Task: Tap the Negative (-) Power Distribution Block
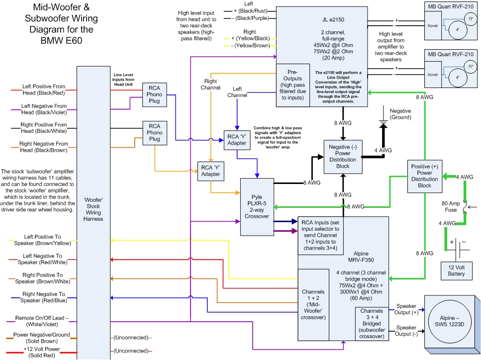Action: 343,157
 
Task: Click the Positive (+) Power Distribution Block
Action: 424,176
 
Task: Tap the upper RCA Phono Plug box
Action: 155,94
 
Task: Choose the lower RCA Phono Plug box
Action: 155,133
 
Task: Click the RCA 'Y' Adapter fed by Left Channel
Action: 237,139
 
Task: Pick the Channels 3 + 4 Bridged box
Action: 371,324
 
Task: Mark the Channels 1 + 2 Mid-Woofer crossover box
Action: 313,304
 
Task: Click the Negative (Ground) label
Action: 400,114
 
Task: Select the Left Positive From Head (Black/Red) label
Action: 44,90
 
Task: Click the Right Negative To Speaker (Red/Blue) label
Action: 44,297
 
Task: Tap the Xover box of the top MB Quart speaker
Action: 433,24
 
